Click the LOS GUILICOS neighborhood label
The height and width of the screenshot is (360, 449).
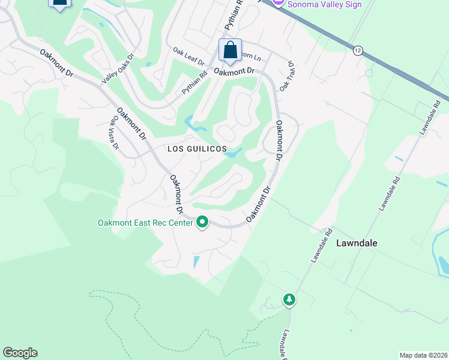click(x=197, y=148)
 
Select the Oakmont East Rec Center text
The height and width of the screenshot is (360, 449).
click(x=145, y=223)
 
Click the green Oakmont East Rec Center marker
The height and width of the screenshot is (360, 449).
click(x=202, y=223)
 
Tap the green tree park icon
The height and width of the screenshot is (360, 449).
click(x=289, y=299)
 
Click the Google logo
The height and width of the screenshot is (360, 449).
click(x=20, y=352)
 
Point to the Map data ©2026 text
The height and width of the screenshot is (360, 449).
click(x=423, y=355)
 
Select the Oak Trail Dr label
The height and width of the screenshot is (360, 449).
click(x=286, y=75)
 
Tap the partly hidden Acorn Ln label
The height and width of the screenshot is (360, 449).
click(x=252, y=58)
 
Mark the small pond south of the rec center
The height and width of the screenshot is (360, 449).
click(x=196, y=262)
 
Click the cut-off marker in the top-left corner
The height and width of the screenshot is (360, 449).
click(x=59, y=4)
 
